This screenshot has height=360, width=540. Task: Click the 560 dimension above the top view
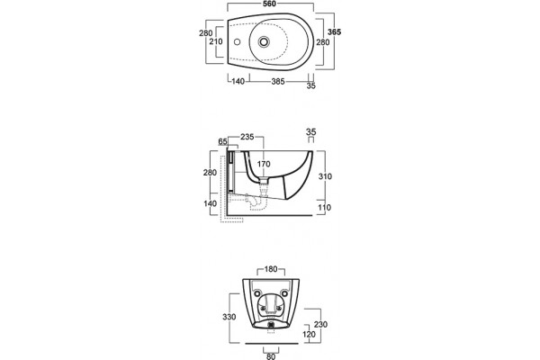point(270,4)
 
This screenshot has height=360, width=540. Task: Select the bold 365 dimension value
point(334,32)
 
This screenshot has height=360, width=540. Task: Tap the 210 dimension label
point(216,41)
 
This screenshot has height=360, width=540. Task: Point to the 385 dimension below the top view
point(278,82)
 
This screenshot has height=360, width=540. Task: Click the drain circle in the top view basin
point(264,42)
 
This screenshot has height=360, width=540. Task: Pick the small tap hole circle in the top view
point(237,42)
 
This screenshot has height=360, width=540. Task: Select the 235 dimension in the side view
point(247,137)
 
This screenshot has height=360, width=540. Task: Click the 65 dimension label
point(223,141)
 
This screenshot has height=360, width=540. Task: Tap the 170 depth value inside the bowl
point(264,165)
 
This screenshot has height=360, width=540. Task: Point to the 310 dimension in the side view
point(325,176)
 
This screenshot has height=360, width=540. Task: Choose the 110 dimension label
point(324,207)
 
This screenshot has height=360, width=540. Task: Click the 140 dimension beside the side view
point(210,203)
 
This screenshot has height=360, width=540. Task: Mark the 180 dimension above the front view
point(271,269)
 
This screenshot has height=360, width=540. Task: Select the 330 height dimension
point(229,317)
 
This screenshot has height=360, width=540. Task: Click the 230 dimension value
point(320,325)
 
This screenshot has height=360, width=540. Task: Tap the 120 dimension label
point(309,335)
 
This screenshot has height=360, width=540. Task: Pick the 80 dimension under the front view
point(271,356)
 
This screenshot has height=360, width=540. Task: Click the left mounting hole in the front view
point(257,293)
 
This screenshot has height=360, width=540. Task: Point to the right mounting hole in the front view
point(284,293)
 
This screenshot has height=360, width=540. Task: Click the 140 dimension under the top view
point(238,82)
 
